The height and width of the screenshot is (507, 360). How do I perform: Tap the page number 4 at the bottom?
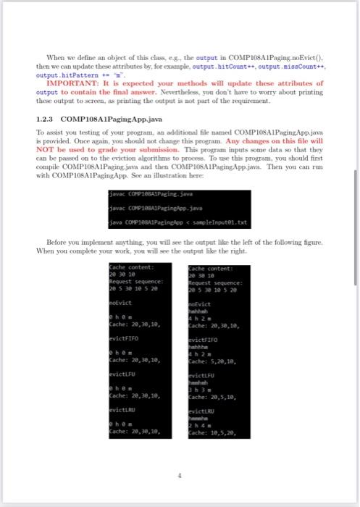(180, 477)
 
